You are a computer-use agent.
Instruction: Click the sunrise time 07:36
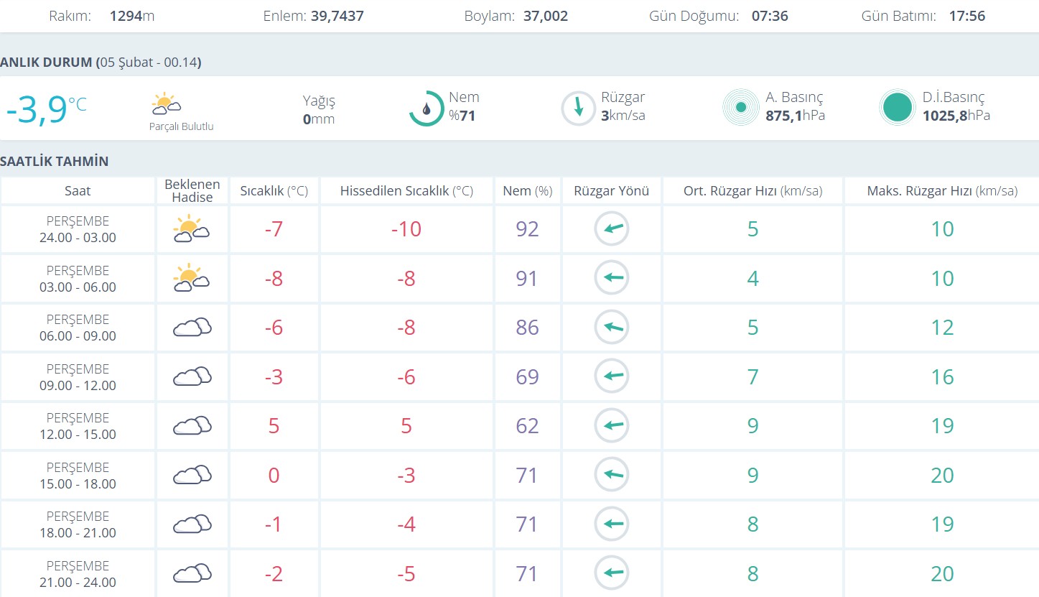point(770,16)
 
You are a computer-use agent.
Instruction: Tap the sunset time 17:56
point(966,16)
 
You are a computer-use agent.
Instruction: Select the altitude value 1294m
point(132,16)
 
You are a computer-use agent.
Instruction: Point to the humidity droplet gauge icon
point(427,108)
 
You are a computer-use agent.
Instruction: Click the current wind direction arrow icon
point(578,108)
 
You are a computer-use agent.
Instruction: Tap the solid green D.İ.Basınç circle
point(897,108)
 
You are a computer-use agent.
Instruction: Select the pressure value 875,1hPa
point(795,116)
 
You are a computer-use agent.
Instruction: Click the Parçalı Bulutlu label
point(181,127)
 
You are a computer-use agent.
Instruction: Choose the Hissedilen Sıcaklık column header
point(406,191)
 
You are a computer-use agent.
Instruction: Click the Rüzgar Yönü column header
point(611,191)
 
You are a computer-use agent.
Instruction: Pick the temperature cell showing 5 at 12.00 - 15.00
point(274,426)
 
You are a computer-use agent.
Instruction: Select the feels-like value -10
point(406,229)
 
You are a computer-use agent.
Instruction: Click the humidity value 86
point(527,328)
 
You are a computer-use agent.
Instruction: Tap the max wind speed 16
point(942,377)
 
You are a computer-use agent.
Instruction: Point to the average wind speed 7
point(753,377)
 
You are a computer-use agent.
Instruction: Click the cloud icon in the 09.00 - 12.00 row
point(192,376)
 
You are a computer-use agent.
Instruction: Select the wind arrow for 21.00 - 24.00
point(612,573)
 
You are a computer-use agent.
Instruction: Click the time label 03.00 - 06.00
point(78,287)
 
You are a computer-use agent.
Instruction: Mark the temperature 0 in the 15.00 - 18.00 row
point(274,476)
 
